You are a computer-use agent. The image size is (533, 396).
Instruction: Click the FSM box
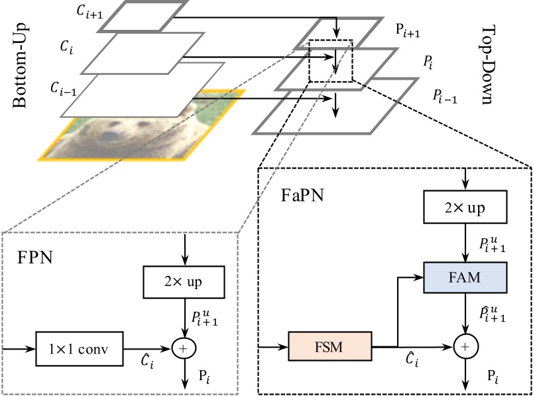[x=329, y=346]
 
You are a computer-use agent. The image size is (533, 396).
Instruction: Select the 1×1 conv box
[x=80, y=348]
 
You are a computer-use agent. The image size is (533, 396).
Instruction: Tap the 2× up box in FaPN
[x=465, y=208]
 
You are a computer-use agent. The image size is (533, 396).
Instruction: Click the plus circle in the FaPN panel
[x=465, y=346]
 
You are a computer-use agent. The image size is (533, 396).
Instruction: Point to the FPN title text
[x=34, y=257]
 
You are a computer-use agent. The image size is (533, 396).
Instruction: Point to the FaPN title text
[x=296, y=197]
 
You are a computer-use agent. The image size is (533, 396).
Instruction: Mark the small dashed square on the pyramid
[x=331, y=60]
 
